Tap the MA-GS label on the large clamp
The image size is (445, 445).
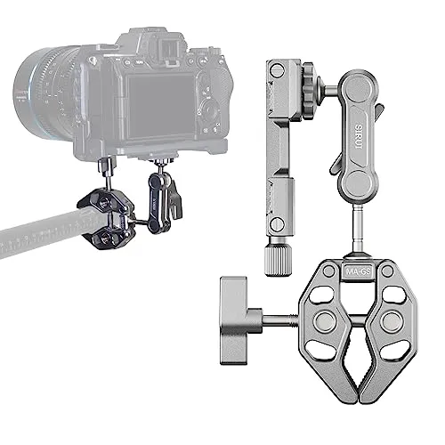(357, 268)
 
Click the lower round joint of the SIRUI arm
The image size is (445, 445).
(355, 187)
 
